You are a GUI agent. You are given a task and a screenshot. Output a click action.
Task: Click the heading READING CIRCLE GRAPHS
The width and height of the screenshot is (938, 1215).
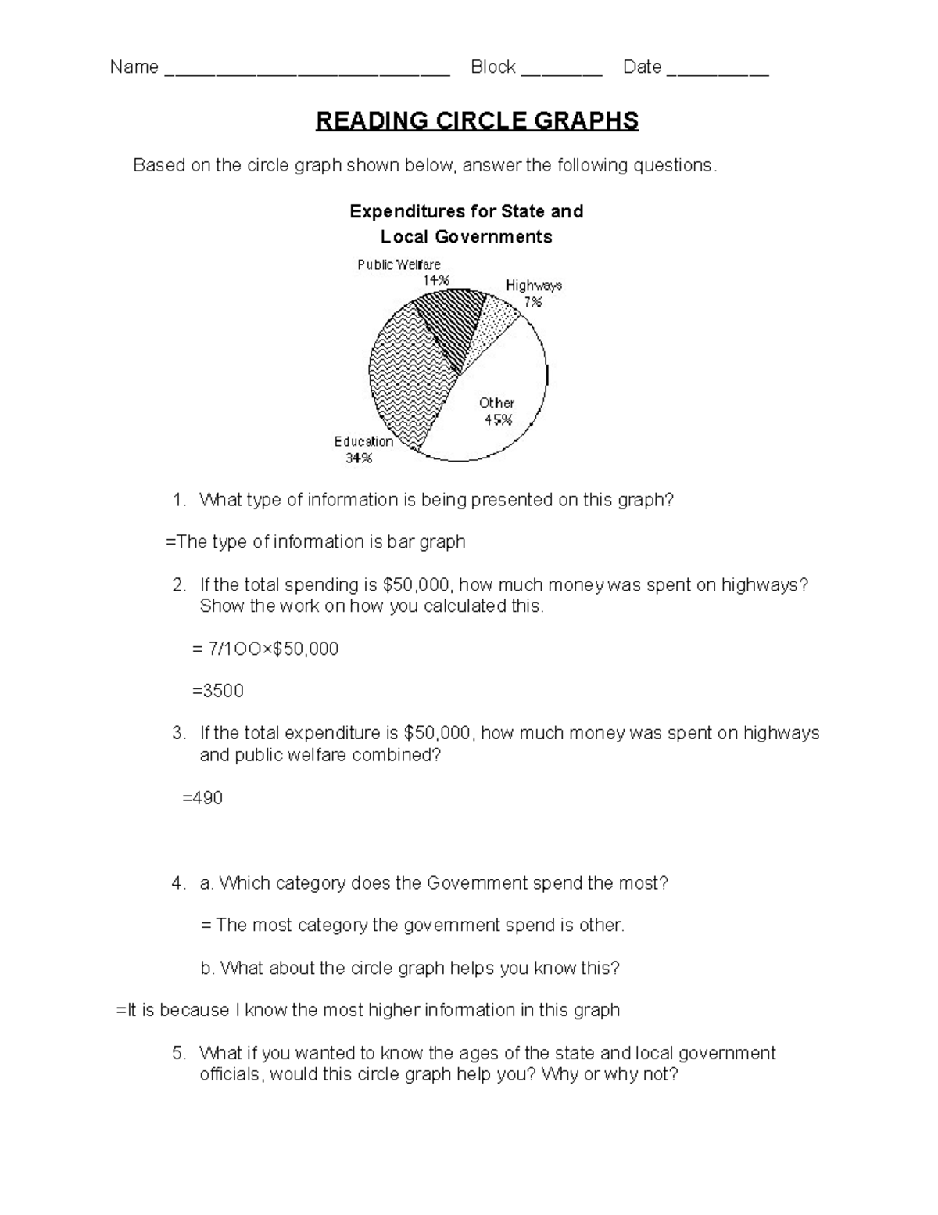477,121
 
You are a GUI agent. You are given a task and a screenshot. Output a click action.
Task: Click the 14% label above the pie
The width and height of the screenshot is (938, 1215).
436,280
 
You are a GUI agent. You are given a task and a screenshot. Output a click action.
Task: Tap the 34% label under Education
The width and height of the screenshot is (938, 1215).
359,458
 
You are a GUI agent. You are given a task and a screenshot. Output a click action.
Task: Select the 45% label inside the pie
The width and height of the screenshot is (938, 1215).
498,419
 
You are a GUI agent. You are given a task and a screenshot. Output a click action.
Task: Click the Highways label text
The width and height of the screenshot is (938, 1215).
533,286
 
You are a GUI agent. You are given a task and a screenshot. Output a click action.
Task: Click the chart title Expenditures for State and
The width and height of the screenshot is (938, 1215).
466,211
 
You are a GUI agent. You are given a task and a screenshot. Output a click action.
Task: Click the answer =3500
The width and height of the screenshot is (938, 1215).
218,691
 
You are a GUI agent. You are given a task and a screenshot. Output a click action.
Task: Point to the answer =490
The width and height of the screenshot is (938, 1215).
202,798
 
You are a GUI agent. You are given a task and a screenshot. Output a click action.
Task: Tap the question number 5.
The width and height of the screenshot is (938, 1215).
179,1053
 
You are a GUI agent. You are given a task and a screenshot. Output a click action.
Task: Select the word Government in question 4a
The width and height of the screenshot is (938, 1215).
477,883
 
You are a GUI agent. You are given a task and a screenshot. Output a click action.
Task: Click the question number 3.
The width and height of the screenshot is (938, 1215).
179,733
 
